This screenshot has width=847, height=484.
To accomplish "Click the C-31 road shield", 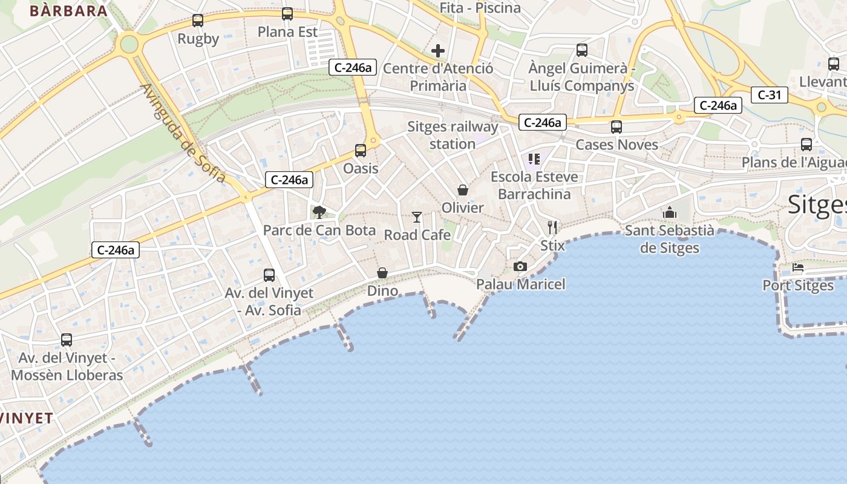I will [x=769, y=95].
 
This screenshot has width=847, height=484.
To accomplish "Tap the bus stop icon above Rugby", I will [x=198, y=21].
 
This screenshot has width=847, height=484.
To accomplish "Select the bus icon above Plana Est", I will [x=287, y=13].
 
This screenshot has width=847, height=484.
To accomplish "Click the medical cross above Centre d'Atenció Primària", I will [x=438, y=51].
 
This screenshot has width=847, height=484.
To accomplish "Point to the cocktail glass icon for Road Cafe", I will [x=417, y=217].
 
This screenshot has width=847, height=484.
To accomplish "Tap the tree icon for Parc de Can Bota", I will [x=319, y=212].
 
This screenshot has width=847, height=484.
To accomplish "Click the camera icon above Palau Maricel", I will [x=520, y=266].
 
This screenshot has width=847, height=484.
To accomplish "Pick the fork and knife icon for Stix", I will [x=552, y=227].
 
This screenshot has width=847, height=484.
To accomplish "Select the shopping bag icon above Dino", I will [x=382, y=273].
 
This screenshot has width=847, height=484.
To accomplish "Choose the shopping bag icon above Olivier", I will [x=463, y=190].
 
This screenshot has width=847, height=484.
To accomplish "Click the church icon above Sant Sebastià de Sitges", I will [x=669, y=212].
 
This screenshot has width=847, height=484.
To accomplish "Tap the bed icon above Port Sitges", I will [x=798, y=267].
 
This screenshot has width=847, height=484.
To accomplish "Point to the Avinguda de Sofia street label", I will [x=183, y=133].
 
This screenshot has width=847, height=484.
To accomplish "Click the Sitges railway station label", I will [x=453, y=135].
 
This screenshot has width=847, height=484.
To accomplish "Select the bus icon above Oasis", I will [x=361, y=151].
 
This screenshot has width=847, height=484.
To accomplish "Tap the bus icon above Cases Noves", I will [x=616, y=127].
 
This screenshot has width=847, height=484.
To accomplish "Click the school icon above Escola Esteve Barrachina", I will [x=534, y=159].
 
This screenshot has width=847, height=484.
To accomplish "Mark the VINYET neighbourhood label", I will [x=27, y=418].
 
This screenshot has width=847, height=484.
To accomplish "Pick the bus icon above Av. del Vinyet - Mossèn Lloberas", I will [x=67, y=340].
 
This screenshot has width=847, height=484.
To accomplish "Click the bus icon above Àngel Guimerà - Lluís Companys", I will [x=582, y=50].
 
